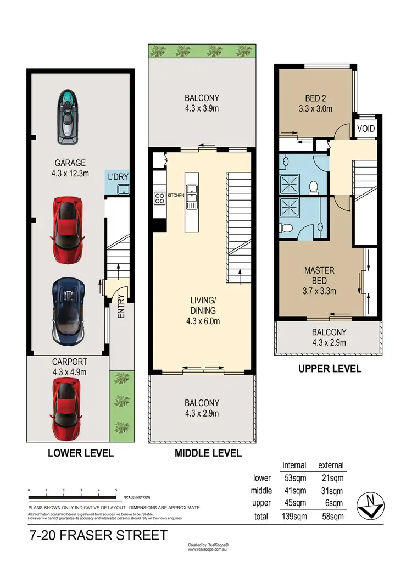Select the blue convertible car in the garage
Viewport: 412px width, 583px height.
pos(68,310)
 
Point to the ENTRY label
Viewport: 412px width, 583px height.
pos(120,307)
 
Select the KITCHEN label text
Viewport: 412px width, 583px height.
pos(176,196)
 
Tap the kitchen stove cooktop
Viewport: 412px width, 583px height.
pos(160,198)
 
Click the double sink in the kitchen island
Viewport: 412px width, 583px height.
pos(192,197)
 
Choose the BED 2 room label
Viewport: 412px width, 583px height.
pos(315,104)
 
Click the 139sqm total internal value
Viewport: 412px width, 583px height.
pos(294,516)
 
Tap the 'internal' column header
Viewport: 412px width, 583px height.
pos(294,465)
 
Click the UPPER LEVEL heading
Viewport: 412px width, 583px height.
pos(330,369)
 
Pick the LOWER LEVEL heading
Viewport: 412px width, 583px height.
pos(81,453)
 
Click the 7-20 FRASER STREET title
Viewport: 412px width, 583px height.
pos(97,535)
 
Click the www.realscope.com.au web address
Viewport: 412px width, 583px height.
pos(208,549)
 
